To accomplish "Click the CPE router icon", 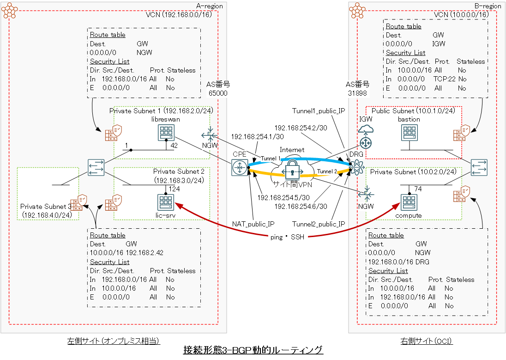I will click(240, 167).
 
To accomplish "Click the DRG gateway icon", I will click(357, 165).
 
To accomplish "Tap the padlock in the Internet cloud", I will click(292, 171).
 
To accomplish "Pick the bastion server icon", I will click(409, 134).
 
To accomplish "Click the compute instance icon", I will click(409, 202).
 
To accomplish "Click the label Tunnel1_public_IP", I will click(319, 111).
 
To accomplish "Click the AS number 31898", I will click(358, 93).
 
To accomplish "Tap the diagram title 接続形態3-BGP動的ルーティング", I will click(253, 350).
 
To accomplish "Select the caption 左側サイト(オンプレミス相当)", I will click(113, 341).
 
